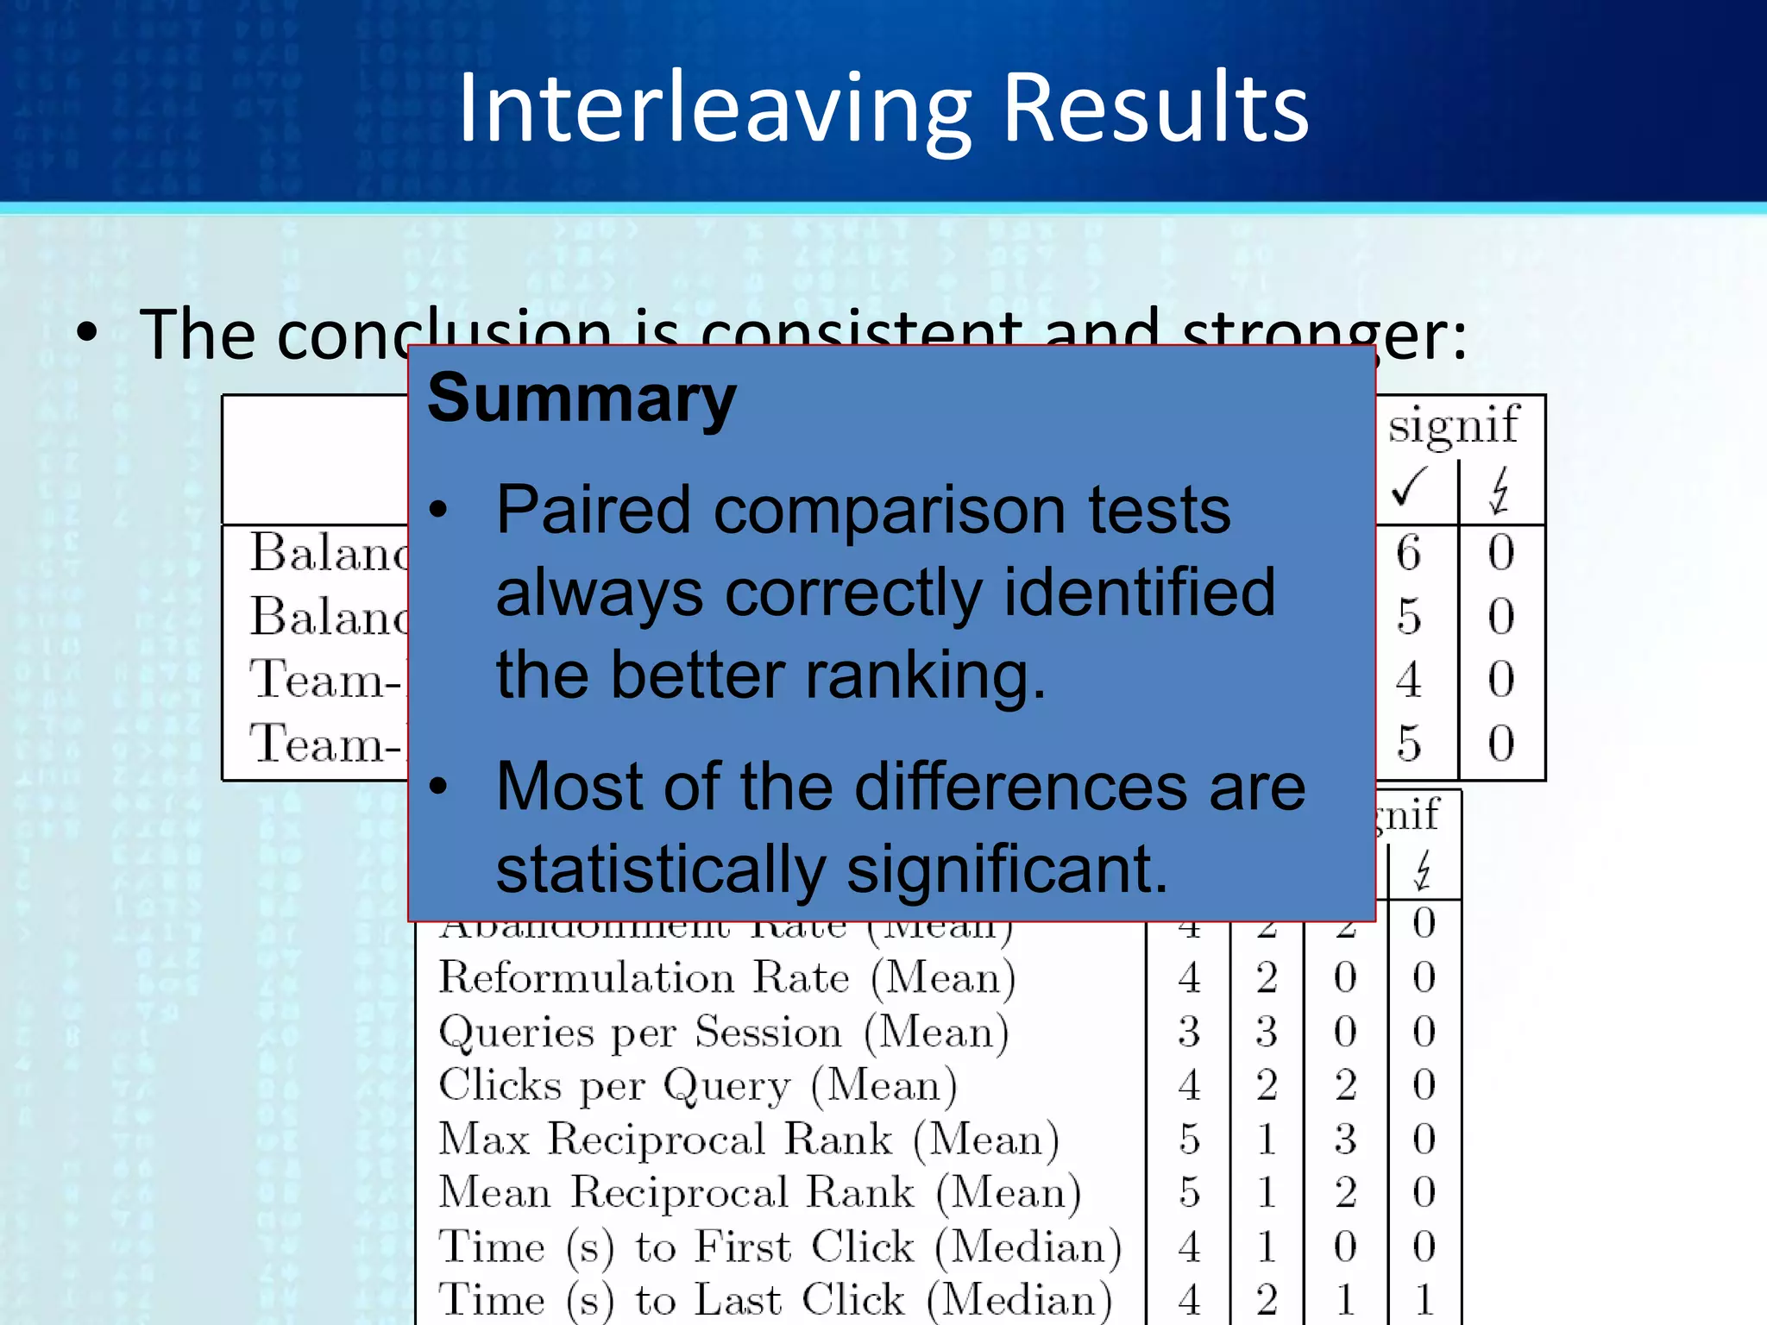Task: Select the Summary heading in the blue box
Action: (582, 399)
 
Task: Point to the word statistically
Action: (661, 870)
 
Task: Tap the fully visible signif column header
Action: (1453, 424)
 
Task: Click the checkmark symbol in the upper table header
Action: (1410, 488)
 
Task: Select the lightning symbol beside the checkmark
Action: (1500, 490)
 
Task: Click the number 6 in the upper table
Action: (1409, 553)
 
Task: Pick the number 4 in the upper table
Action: (1409, 680)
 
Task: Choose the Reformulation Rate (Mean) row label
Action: (726, 978)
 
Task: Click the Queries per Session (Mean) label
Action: (723, 1033)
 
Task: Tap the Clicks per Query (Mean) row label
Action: (697, 1086)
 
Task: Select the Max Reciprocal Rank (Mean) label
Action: (748, 1140)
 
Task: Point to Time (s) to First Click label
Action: (780, 1247)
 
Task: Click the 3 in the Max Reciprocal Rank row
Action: (1345, 1140)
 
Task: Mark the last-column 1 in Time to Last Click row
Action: (1424, 1300)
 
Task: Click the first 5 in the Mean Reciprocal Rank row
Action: (1190, 1193)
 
